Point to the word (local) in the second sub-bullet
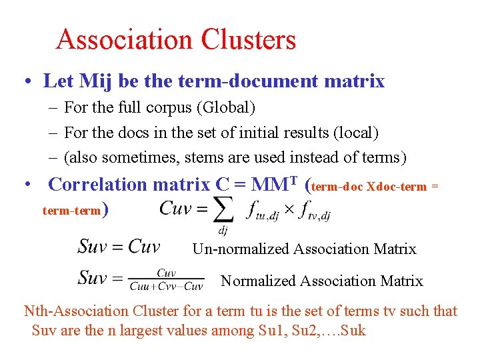355,133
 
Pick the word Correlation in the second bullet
98,184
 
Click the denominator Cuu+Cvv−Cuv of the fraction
166,287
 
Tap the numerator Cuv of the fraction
166,273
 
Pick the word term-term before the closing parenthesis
70,211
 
